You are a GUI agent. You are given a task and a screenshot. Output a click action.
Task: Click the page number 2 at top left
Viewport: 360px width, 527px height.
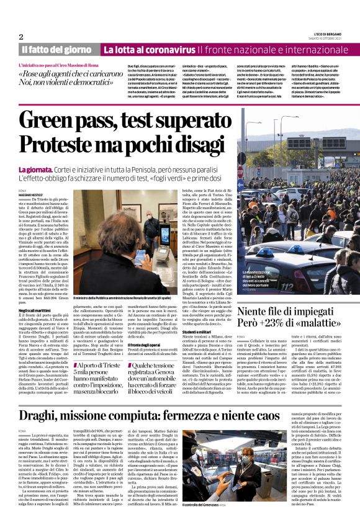[21, 37]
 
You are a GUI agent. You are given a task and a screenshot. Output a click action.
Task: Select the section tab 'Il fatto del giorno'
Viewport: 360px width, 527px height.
[56, 50]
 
